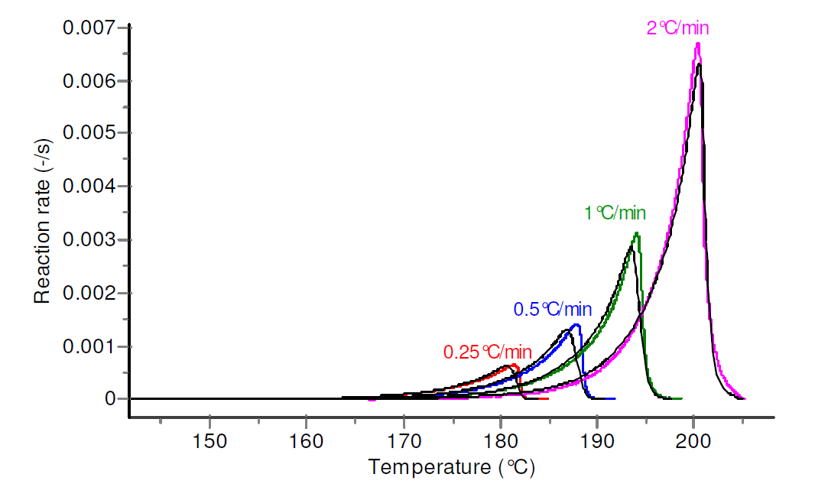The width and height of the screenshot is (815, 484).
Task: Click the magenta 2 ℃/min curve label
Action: (x=678, y=29)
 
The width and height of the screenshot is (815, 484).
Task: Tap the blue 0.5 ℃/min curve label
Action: (x=552, y=310)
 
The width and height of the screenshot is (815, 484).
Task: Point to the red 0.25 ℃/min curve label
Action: (x=487, y=352)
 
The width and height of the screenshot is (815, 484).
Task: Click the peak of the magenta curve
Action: (x=697, y=44)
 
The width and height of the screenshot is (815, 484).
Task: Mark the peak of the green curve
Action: (x=636, y=234)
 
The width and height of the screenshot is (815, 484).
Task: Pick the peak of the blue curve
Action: (x=576, y=325)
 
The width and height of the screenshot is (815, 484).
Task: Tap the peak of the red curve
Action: (x=513, y=365)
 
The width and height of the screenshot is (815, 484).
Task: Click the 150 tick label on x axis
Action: (x=209, y=443)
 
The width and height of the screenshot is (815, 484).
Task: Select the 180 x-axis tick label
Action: (x=499, y=443)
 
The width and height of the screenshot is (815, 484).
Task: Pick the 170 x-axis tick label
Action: (x=403, y=443)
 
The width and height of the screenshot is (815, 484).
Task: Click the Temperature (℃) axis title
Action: (x=450, y=467)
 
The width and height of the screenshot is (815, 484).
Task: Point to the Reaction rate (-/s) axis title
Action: (x=43, y=213)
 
